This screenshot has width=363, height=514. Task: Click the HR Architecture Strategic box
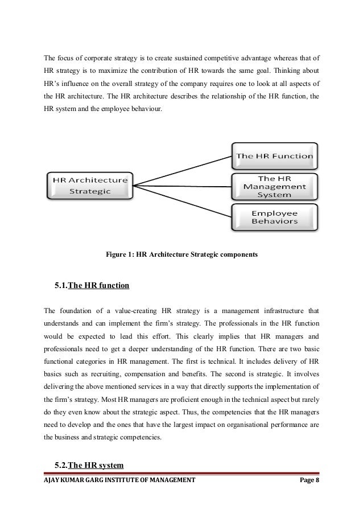coord(89,185)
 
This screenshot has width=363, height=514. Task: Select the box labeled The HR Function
coord(274,155)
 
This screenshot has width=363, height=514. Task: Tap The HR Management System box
coord(274,186)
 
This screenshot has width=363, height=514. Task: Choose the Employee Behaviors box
coord(274,217)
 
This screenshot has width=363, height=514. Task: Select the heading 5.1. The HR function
coord(92,285)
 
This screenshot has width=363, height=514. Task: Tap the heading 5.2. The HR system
coord(89,466)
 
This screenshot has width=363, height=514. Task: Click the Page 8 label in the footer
coord(312,481)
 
